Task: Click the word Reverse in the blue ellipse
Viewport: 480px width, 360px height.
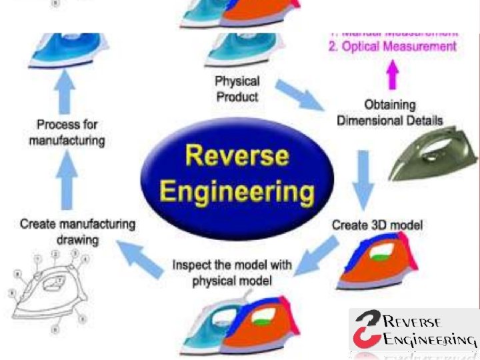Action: (x=237, y=156)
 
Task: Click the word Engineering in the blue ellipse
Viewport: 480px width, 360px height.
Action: (x=237, y=192)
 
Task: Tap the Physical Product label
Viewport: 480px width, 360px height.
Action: (x=237, y=89)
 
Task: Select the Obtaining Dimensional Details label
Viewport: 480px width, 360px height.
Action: (x=390, y=113)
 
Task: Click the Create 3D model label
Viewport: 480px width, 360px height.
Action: (x=377, y=225)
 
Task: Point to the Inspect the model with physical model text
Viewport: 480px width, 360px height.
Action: (x=232, y=273)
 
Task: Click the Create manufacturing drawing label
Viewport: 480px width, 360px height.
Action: (x=77, y=231)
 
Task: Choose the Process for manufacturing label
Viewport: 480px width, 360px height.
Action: (x=67, y=133)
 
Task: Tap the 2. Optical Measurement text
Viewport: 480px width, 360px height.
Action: (x=393, y=47)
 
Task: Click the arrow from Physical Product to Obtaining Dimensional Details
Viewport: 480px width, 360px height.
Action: (x=299, y=96)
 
